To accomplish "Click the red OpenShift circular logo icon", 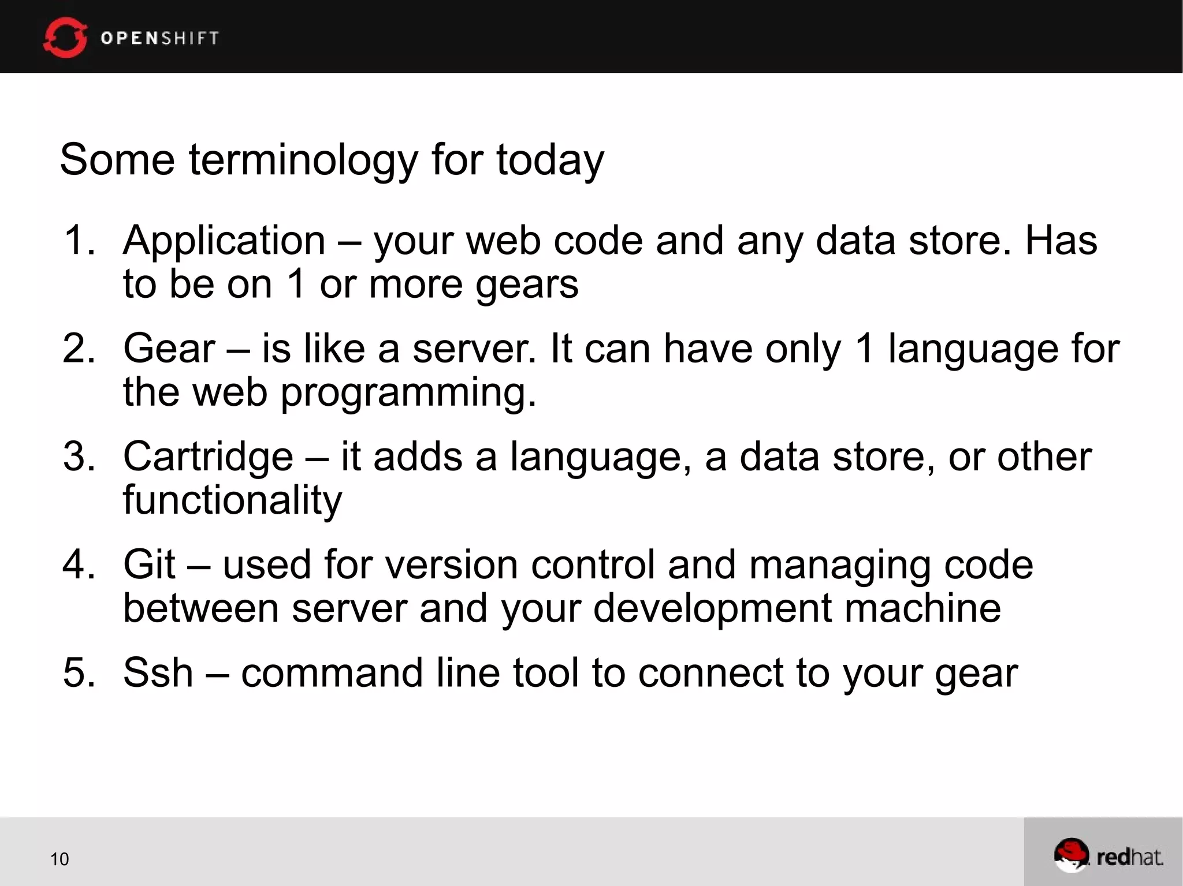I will [65, 38].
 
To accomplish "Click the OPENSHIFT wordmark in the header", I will [160, 38].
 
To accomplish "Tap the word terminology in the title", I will [303, 160].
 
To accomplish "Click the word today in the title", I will [550, 160].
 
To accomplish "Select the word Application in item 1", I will [224, 240].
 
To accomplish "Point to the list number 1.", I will [78, 240].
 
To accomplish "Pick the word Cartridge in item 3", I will [208, 457].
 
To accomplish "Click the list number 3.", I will [78, 457].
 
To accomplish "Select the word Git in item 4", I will [149, 565].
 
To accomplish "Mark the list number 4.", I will [78, 565].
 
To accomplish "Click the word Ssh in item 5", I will [158, 673].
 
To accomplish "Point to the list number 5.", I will [78, 673].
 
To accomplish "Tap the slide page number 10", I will [59, 859].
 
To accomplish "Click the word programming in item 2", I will [408, 392].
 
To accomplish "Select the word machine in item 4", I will [922, 608].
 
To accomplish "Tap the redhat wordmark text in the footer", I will [1129, 857].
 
